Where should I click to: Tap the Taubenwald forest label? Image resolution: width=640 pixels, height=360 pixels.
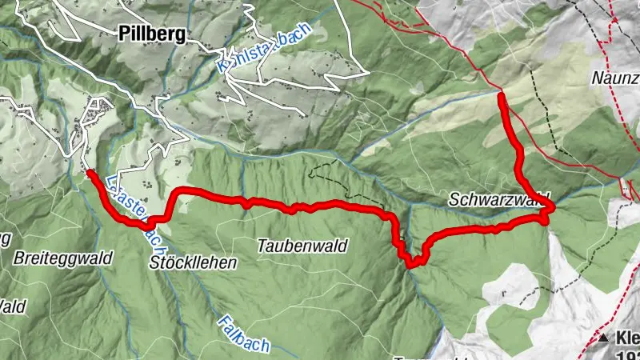(302, 246)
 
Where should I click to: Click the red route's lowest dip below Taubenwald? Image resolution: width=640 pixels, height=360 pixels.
(410, 263)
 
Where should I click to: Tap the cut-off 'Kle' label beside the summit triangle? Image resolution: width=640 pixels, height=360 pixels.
(627, 338)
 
